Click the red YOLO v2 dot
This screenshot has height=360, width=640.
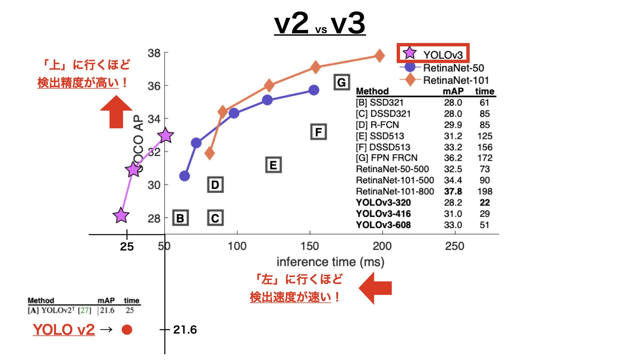pyautogui.click(x=127, y=330)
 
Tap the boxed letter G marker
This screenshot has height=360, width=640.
pyautogui.click(x=342, y=82)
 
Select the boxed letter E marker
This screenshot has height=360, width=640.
pyautogui.click(x=273, y=165)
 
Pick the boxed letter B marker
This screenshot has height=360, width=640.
pyautogui.click(x=180, y=218)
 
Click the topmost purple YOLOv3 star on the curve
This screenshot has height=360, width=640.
pyautogui.click(x=165, y=136)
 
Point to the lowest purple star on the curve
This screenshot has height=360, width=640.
pyautogui.click(x=121, y=216)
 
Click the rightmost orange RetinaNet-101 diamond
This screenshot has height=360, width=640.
pyautogui.click(x=379, y=56)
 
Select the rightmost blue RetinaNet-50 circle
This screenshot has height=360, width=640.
pyautogui.click(x=314, y=90)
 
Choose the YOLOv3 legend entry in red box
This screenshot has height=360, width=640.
pyautogui.click(x=433, y=53)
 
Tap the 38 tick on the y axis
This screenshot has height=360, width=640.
pyautogui.click(x=154, y=53)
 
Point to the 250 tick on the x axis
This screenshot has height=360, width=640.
pyautogui.click(x=455, y=246)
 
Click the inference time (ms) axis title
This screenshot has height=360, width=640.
pyautogui.click(x=330, y=262)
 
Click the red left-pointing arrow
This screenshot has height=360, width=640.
pyautogui.click(x=375, y=288)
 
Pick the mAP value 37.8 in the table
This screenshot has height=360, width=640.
pyautogui.click(x=453, y=191)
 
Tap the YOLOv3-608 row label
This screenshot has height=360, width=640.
pyautogui.click(x=383, y=225)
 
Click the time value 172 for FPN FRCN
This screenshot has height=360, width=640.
pyautogui.click(x=485, y=158)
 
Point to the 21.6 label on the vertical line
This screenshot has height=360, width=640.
pyautogui.click(x=185, y=330)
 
